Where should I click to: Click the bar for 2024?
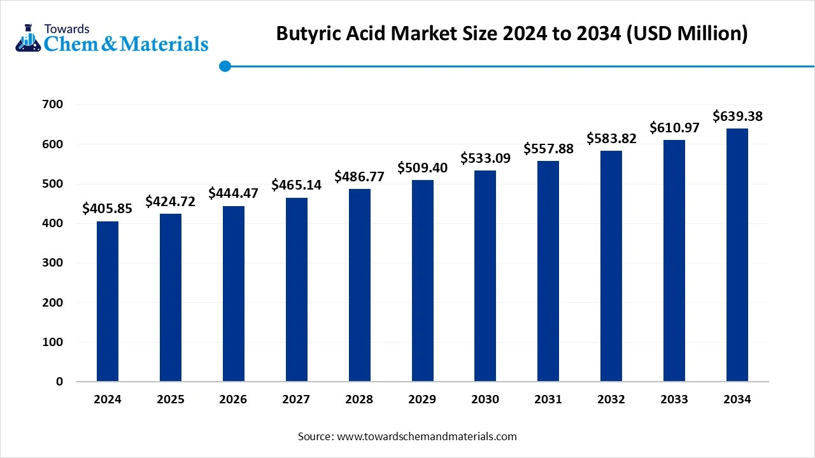pyautogui.click(x=108, y=302)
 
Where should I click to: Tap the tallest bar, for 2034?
pyautogui.click(x=737, y=255)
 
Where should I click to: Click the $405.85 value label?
pyautogui.click(x=108, y=208)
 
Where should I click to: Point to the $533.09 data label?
pyautogui.click(x=485, y=158)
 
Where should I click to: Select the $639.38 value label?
pyautogui.click(x=737, y=116)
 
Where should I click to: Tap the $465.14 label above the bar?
pyautogui.click(x=296, y=185)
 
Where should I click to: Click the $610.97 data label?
pyautogui.click(x=674, y=127)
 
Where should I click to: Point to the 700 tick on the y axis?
pyautogui.click(x=54, y=105)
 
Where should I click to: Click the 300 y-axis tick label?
pyautogui.click(x=54, y=263)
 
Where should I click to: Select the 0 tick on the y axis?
pyautogui.click(x=60, y=382)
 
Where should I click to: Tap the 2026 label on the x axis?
pyautogui.click(x=233, y=399)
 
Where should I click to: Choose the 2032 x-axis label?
pyautogui.click(x=611, y=399)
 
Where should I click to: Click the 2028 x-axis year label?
pyautogui.click(x=359, y=399)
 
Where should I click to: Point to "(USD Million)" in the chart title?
pyautogui.click(x=688, y=34)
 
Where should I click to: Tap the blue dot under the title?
pyautogui.click(x=225, y=66)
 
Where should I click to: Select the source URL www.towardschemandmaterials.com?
pyautogui.click(x=426, y=436)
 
